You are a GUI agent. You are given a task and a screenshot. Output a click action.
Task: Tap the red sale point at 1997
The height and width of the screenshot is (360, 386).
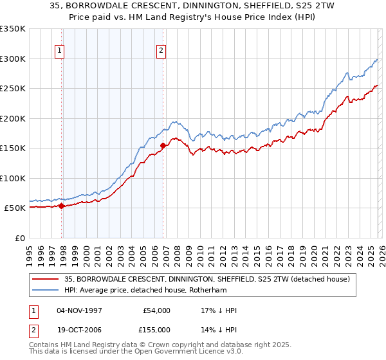point(62,206)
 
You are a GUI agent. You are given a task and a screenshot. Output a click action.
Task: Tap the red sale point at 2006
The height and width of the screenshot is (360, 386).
point(163,145)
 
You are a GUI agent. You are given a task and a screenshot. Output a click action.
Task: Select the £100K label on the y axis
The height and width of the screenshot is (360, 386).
point(13,178)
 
